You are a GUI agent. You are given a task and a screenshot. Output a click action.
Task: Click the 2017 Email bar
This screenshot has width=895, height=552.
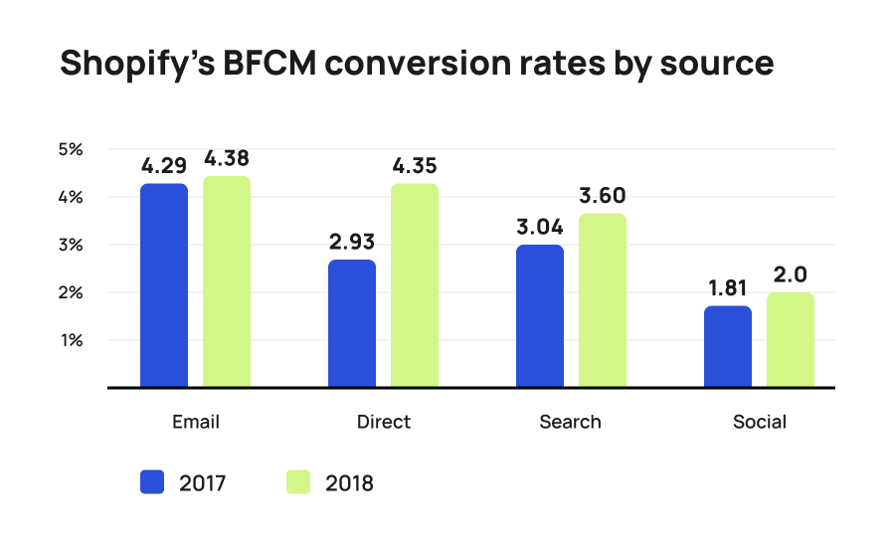pos(164,285)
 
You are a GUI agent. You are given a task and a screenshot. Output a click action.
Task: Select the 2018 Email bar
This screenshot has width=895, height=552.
pos(227,281)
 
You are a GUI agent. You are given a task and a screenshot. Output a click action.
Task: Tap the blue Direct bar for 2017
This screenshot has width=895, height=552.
pos(352,323)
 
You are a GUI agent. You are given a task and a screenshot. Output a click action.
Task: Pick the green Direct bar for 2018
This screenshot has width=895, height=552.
pos(415,285)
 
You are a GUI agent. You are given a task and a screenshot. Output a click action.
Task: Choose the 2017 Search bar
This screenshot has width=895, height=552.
pos(540,315)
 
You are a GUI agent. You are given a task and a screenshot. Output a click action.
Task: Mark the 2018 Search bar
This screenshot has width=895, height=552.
pos(603,300)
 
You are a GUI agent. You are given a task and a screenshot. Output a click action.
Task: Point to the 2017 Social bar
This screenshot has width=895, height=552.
pos(728,346)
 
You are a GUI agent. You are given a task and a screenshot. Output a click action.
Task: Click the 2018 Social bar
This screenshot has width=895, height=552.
pos(791,339)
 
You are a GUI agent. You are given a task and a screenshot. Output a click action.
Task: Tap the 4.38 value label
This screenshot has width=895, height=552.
pos(227,159)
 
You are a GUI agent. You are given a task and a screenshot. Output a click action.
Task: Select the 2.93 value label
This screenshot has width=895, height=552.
pos(352,242)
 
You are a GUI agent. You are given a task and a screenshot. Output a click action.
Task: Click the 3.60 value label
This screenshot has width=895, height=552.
pos(602,195)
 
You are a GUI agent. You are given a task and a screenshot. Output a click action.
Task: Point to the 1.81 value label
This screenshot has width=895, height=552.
pos(728,287)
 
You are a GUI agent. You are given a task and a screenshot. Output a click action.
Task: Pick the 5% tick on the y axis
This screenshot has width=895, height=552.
pos(70,149)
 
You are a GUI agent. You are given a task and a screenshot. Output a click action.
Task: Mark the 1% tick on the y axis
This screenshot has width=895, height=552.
pos(70,340)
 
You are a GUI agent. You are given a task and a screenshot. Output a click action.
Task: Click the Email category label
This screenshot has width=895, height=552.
pos(195,422)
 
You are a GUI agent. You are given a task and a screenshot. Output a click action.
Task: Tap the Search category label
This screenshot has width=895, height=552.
pos(571,422)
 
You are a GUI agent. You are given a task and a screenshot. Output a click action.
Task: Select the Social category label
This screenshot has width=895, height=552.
pos(759,422)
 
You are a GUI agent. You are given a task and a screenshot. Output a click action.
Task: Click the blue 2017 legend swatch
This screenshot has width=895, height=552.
pos(153,483)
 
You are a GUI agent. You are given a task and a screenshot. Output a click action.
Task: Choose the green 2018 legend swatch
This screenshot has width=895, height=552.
pos(298,483)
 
